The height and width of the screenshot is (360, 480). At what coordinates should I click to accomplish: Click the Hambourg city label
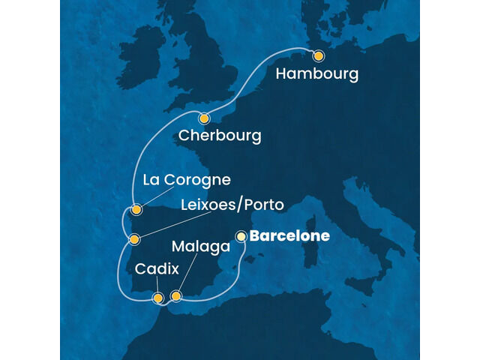[317, 75]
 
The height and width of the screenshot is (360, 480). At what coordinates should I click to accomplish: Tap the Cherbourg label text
[220, 136]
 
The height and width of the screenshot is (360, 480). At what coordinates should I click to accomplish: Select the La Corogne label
[185, 181]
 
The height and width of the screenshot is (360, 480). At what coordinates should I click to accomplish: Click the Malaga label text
[200, 246]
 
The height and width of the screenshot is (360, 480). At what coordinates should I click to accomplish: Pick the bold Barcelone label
[289, 236]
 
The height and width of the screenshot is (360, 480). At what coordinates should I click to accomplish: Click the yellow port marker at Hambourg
[318, 55]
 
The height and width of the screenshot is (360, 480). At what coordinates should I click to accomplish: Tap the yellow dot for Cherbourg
[204, 118]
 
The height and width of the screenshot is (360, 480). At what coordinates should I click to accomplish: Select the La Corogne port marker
[136, 210]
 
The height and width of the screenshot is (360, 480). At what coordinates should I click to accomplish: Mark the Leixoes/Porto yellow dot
[134, 240]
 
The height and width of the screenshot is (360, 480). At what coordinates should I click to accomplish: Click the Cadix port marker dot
[158, 298]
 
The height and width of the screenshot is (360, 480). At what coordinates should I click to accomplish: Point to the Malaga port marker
[176, 296]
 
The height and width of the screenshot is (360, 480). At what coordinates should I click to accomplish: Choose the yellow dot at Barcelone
[241, 236]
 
